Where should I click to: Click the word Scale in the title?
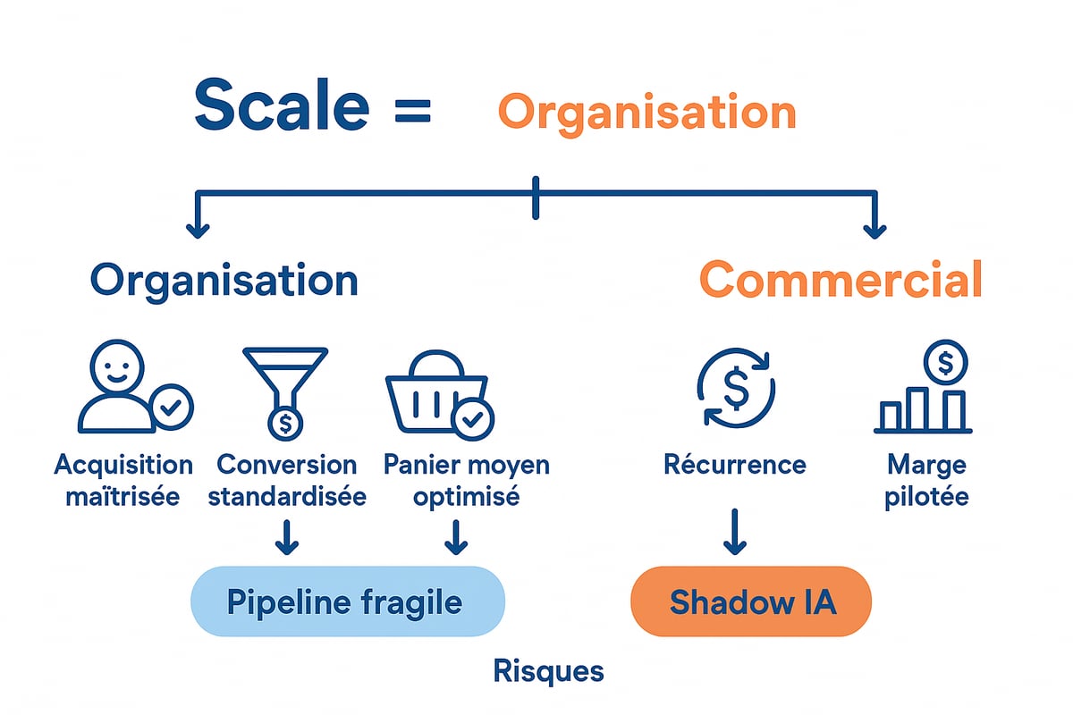pos(282,105)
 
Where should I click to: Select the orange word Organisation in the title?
pos(646,113)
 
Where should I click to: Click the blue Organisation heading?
pos(224,280)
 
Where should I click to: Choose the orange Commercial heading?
pos(840,280)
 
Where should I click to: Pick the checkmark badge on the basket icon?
pos(472,417)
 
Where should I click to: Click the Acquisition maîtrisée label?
pos(123,480)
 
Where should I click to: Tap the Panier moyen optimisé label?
pos(466,480)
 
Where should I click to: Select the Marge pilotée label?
pos(926,480)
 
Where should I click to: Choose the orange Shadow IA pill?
pos(751,601)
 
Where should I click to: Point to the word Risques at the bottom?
pos(548,671)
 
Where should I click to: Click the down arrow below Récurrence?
pos(735,533)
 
